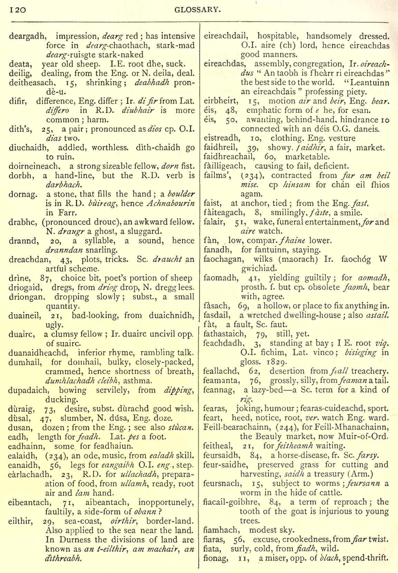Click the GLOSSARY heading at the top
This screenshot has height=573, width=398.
(x=197, y=10)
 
